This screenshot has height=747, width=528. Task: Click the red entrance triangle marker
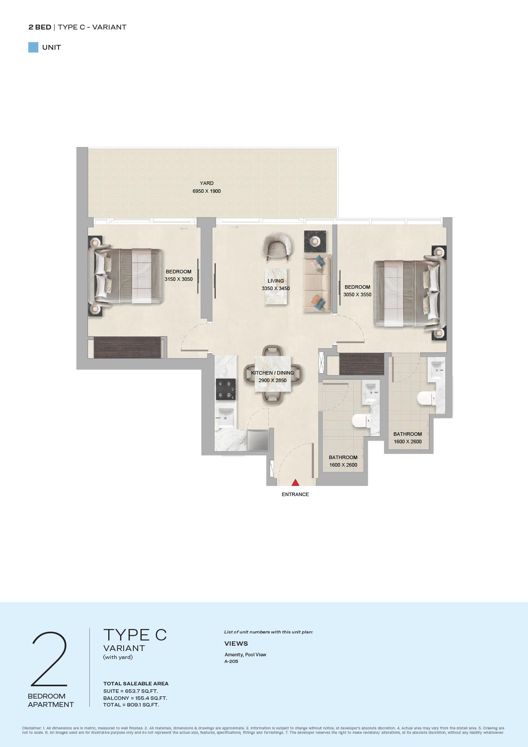(x=295, y=482)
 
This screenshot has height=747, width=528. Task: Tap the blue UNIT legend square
(x=33, y=48)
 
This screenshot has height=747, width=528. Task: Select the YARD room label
(x=207, y=183)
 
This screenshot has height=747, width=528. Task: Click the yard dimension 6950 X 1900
(x=207, y=191)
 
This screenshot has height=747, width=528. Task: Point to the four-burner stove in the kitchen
(x=226, y=390)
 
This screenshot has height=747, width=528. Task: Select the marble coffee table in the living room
(x=276, y=286)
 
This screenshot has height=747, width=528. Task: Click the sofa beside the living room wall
(x=317, y=283)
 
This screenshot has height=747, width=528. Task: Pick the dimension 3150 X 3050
(x=179, y=279)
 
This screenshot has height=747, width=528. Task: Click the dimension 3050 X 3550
(x=357, y=294)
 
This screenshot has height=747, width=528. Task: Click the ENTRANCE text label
(x=295, y=494)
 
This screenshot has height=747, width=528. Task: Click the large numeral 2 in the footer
(x=50, y=659)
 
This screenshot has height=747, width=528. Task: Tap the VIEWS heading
(x=236, y=644)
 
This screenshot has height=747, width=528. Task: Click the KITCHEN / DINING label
(x=273, y=373)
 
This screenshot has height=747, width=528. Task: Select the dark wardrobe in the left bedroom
(x=127, y=347)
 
